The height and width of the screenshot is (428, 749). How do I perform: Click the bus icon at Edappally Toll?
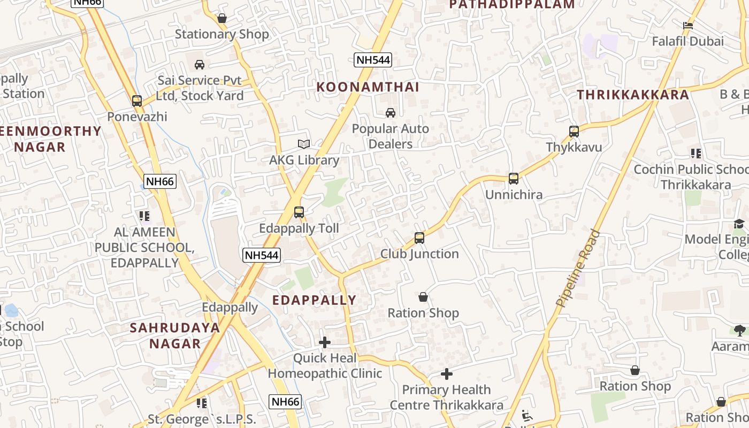point(299,212)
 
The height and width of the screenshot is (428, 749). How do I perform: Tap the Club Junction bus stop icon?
point(419,238)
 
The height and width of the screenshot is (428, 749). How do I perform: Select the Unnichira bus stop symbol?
point(514,179)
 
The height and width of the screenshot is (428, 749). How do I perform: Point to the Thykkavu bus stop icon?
point(574,131)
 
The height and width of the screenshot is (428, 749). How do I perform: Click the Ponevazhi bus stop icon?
point(137,101)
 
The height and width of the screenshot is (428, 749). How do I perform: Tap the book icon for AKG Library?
point(304,144)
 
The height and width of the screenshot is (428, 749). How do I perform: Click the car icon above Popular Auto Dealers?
point(391,113)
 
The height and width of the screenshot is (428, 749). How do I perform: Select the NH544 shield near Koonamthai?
point(373,60)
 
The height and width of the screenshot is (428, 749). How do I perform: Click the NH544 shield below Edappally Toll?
point(262,255)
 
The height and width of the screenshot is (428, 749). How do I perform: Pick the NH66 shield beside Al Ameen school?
point(160,181)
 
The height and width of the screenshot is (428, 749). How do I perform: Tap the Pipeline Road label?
point(578,268)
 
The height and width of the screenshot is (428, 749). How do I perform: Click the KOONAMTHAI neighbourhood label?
point(368,87)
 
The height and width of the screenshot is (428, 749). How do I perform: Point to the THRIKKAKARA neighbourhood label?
point(633,95)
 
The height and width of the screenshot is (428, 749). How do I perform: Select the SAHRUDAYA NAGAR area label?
point(175,335)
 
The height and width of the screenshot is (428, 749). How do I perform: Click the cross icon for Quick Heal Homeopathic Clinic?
point(325,342)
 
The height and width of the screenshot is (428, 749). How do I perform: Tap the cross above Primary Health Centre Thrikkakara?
point(447,374)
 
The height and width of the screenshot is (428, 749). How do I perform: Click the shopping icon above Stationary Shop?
point(222,19)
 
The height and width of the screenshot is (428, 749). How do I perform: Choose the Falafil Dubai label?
point(687,41)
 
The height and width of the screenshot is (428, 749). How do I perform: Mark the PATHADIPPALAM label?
point(511,5)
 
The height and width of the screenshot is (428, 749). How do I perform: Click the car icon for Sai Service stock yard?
point(200,65)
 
